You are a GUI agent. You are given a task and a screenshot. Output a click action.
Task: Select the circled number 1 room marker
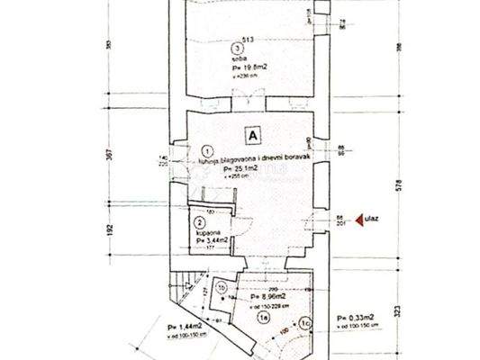pyautogui.click(x=209, y=152)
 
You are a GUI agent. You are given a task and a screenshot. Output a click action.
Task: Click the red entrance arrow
pyautogui.click(x=361, y=218)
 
